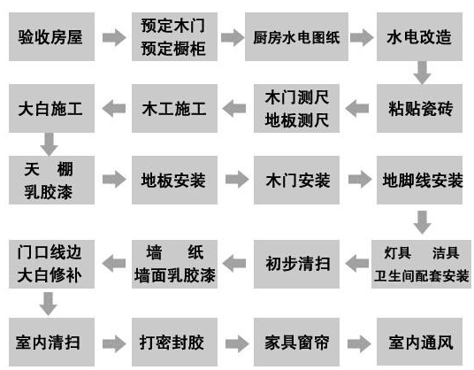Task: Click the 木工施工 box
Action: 173,109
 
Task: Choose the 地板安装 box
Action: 173,181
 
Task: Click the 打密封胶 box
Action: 173,340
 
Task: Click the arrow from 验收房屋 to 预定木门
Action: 113,38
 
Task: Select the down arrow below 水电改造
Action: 422,72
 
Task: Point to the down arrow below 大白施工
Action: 49,142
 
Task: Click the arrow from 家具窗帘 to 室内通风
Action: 357,340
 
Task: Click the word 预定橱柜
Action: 173,49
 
